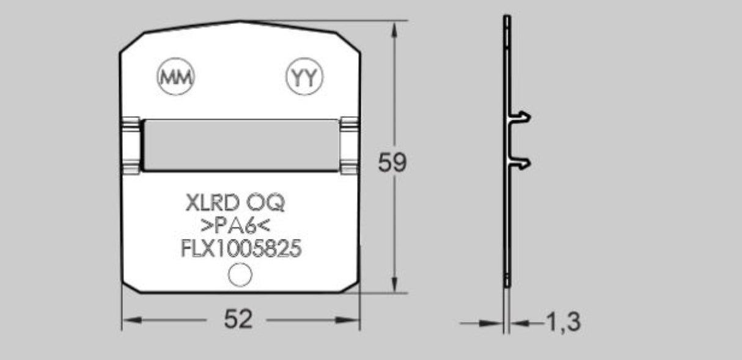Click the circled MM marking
176,77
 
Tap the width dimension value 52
238,319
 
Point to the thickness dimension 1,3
561,321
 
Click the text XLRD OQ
235,202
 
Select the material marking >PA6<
236,226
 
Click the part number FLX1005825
241,249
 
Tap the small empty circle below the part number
240,275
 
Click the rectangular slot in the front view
240,145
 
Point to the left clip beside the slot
131,145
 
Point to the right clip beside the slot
348,145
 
